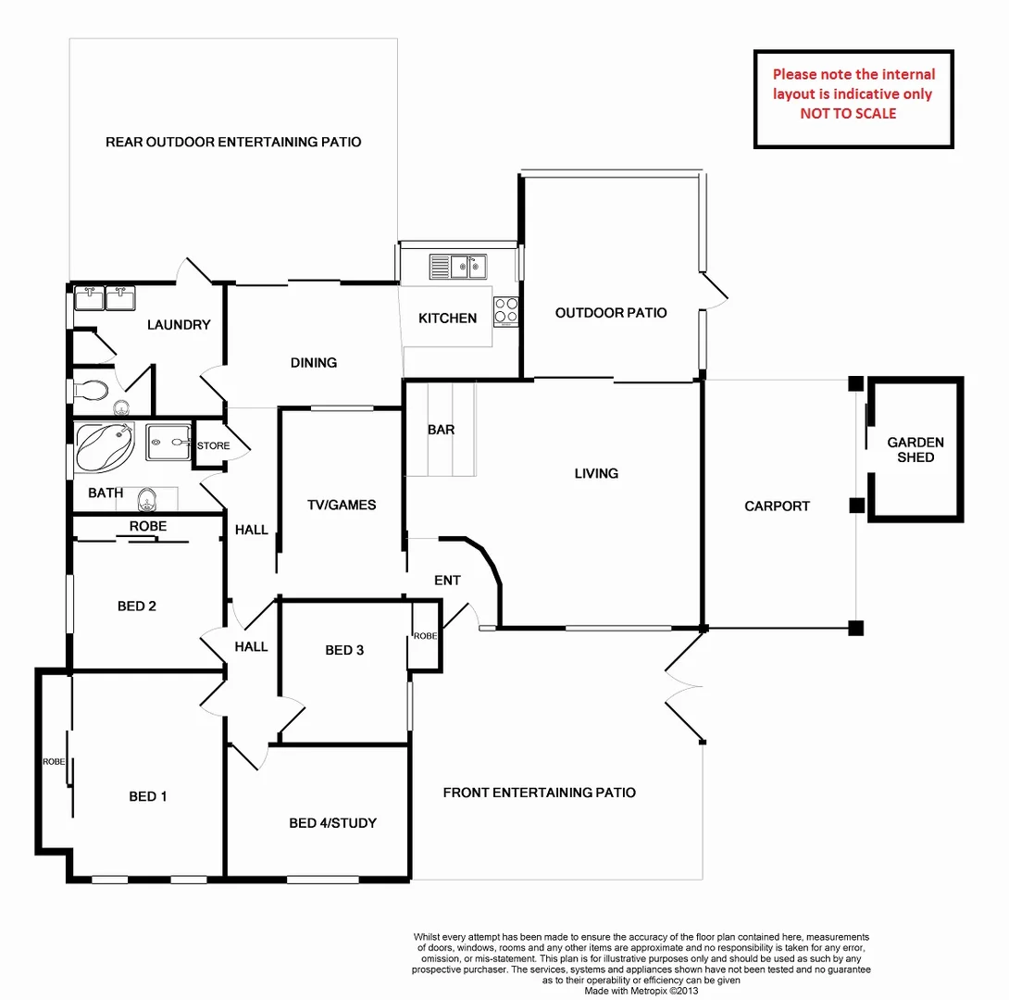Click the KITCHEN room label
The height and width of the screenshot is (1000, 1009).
click(x=447, y=319)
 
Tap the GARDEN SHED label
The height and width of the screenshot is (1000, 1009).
click(x=915, y=450)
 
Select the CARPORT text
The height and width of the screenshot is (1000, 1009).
click(x=777, y=506)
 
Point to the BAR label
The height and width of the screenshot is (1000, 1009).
click(x=441, y=431)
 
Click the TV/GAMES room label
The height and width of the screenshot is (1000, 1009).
click(x=342, y=505)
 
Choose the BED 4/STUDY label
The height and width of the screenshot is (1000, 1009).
click(x=332, y=823)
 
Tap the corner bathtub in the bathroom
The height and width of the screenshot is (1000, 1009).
click(x=104, y=446)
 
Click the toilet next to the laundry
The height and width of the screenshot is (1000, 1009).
click(x=92, y=390)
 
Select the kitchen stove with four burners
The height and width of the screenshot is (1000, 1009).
click(x=505, y=309)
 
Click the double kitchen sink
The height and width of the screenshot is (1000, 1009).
click(x=458, y=267)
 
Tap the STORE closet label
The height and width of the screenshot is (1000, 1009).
click(x=213, y=446)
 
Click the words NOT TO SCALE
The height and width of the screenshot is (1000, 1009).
click(x=848, y=114)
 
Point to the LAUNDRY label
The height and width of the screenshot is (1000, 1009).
click(x=179, y=325)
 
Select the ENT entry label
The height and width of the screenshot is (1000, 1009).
click(x=447, y=581)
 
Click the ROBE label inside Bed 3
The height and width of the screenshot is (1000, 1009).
click(x=425, y=636)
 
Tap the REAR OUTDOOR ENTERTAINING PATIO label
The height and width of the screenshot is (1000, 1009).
click(x=233, y=143)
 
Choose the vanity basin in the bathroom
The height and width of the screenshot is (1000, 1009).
click(x=145, y=503)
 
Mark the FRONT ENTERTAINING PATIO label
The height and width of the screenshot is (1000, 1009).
click(x=539, y=793)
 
